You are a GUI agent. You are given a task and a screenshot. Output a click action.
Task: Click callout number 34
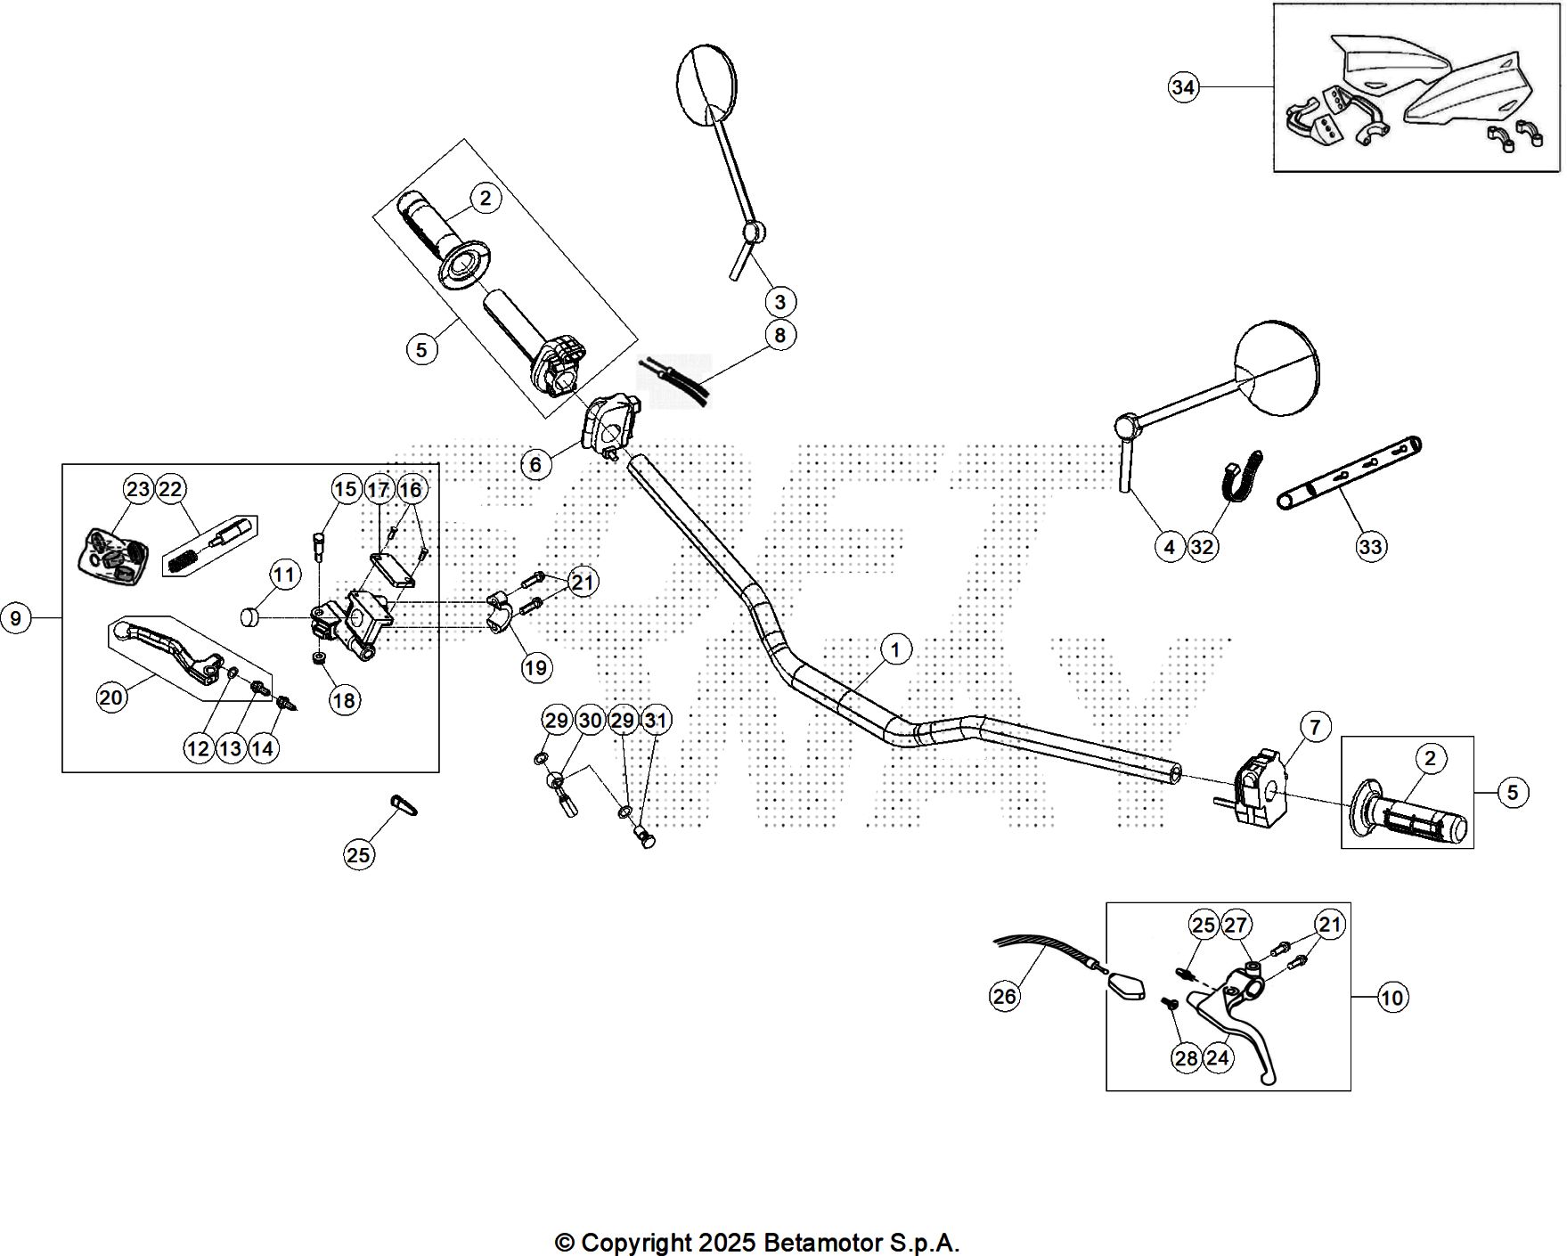point(1183,87)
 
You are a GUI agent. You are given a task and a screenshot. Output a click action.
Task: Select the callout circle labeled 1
point(895,649)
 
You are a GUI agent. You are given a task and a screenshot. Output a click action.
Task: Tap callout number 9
point(16,616)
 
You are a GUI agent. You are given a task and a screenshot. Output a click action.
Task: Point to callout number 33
point(1370,545)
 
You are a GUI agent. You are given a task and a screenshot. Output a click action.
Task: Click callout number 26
point(1004,995)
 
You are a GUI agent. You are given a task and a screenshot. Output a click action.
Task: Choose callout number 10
point(1392,998)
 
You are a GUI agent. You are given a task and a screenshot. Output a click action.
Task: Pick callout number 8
point(780,335)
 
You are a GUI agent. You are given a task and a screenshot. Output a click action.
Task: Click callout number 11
point(283,575)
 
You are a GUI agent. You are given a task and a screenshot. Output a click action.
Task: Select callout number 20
point(110,697)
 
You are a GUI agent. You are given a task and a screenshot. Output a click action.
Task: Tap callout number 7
point(1316,727)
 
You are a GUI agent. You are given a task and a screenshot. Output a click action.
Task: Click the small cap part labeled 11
point(249,616)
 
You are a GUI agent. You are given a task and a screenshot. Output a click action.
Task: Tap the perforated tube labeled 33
point(1350,472)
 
